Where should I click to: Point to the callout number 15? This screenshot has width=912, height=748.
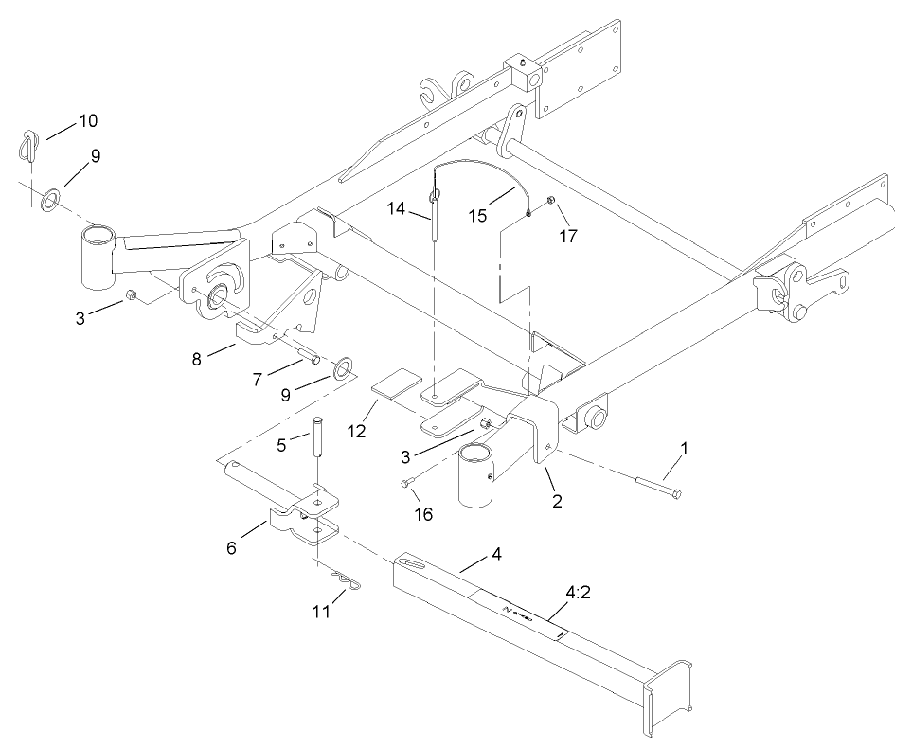pyautogui.click(x=477, y=216)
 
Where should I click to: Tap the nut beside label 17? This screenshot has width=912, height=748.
pyautogui.click(x=550, y=201)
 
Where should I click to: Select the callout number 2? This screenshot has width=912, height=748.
pyautogui.click(x=557, y=501)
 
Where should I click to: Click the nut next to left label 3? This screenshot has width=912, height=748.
pyautogui.click(x=132, y=297)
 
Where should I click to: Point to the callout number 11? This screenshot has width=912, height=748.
pyautogui.click(x=323, y=612)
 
